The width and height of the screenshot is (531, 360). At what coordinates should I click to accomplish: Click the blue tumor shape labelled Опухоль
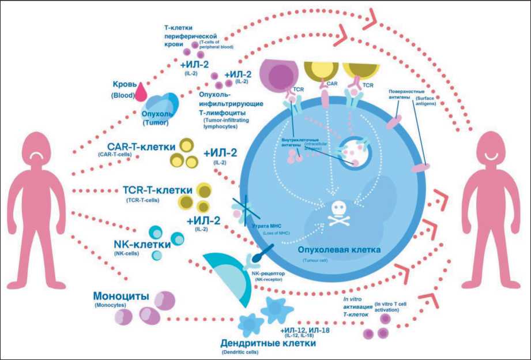click(x=153, y=104)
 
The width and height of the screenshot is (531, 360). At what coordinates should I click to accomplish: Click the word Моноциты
click(x=121, y=296)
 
